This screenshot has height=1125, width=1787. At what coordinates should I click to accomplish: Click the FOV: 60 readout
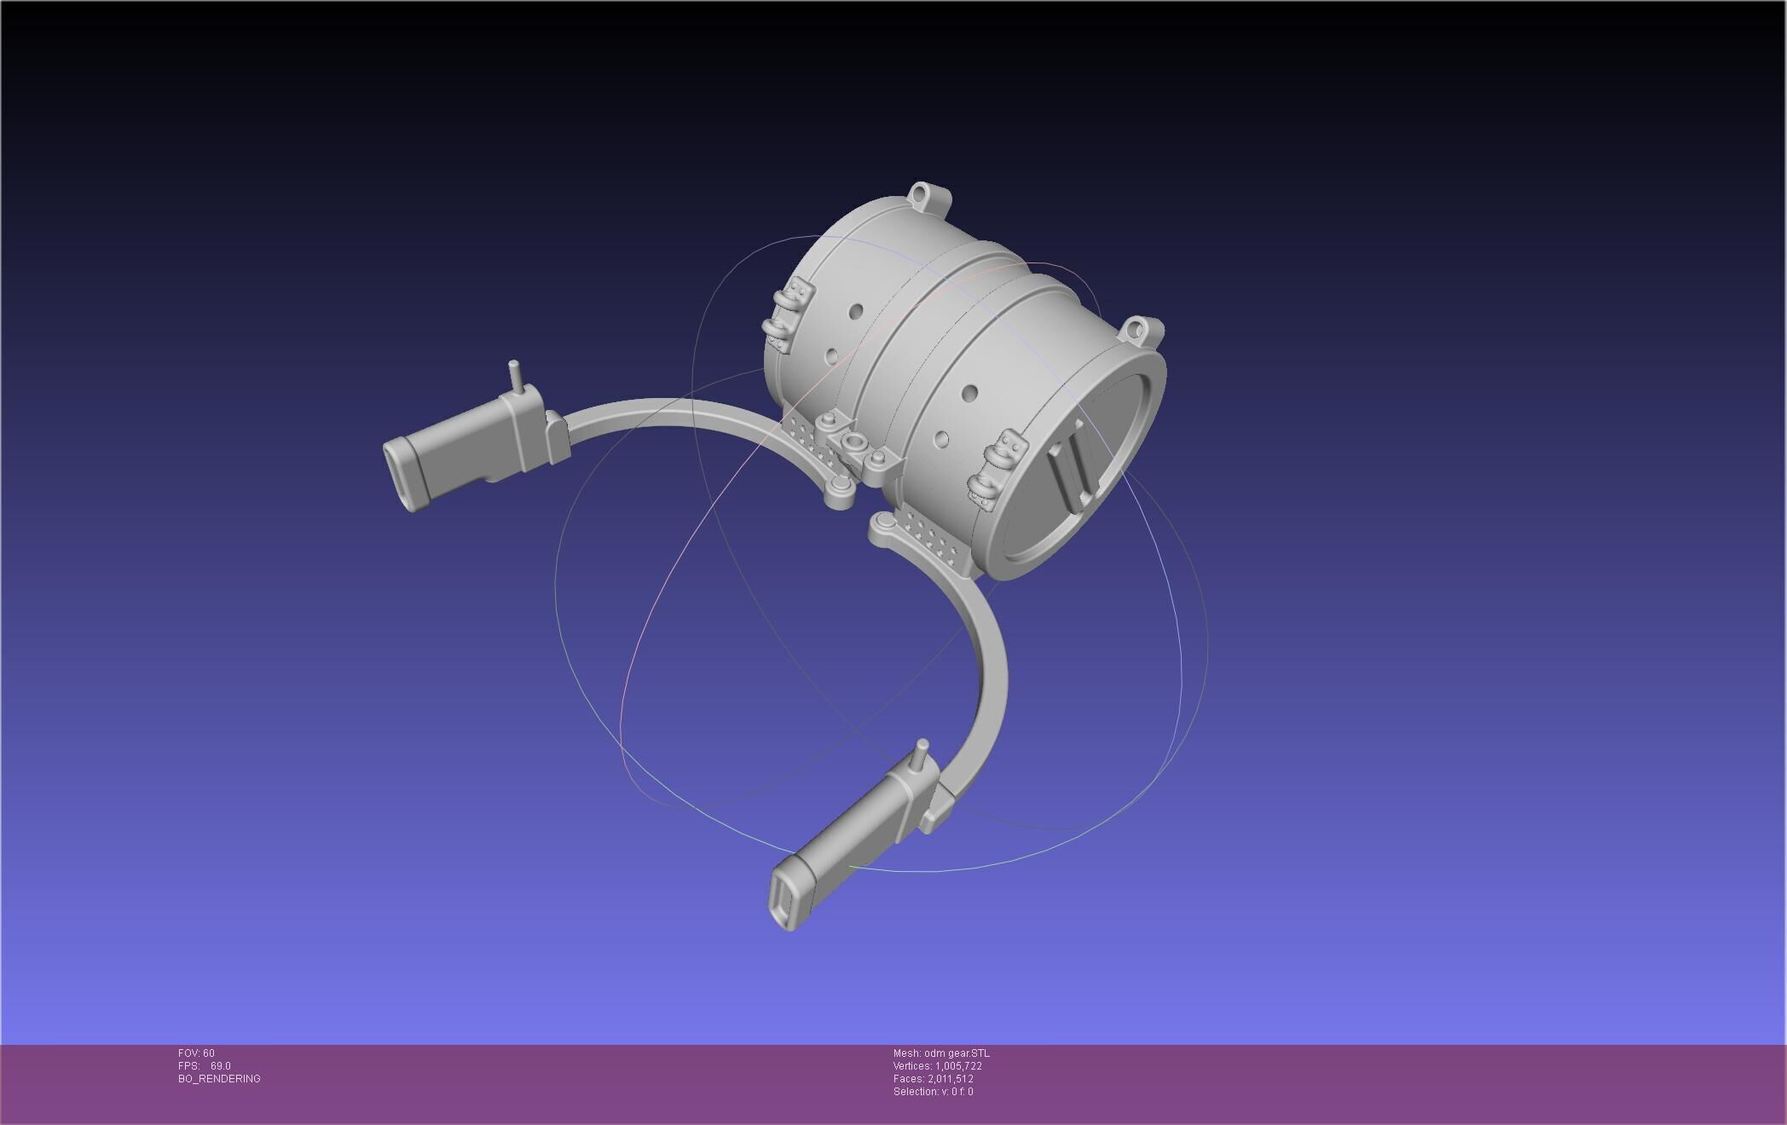(x=196, y=1053)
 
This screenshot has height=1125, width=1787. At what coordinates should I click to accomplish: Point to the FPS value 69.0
(x=220, y=1066)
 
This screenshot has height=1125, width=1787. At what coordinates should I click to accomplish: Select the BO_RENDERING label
(x=219, y=1079)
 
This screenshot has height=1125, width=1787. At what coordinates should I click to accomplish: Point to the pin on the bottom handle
(x=921, y=754)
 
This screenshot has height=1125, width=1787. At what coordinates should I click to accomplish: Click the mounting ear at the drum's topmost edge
(x=928, y=198)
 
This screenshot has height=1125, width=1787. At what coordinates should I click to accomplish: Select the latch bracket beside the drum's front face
(x=993, y=473)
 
